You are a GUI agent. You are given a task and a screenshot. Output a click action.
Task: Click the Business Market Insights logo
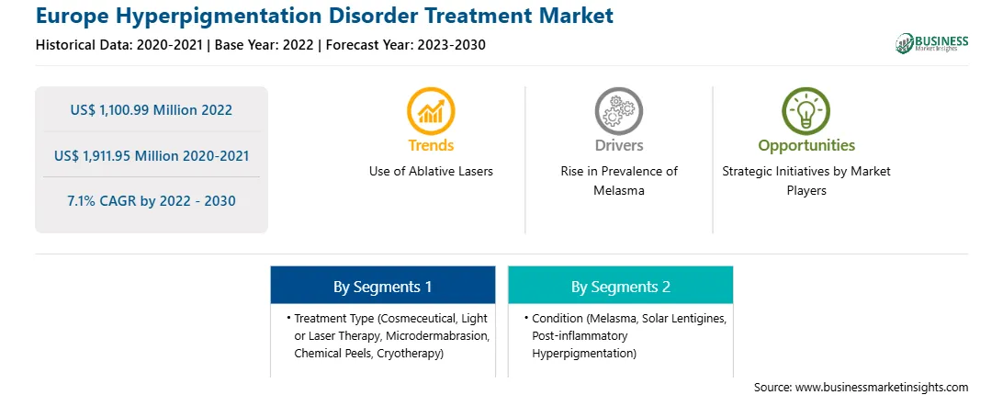(x=931, y=43)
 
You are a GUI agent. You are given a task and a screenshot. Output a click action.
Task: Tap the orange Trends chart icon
(x=431, y=111)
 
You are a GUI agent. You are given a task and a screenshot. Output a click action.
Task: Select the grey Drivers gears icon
(x=618, y=111)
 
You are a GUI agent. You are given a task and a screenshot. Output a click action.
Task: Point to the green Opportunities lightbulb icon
(x=806, y=111)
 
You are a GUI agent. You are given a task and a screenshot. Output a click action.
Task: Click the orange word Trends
(x=431, y=145)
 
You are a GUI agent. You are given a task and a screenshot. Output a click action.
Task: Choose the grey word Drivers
(x=619, y=145)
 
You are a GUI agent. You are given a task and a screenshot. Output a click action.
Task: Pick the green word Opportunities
(x=806, y=146)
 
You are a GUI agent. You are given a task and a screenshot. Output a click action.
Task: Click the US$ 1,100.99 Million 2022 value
(x=152, y=110)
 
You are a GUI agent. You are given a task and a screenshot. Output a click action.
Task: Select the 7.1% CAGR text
(x=104, y=201)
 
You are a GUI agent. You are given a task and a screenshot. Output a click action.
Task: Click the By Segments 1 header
(x=382, y=287)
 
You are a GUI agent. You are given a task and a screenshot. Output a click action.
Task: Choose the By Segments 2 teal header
(x=621, y=287)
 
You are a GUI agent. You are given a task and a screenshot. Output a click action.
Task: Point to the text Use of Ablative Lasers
(x=431, y=172)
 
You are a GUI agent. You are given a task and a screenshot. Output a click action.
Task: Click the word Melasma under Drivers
(x=618, y=191)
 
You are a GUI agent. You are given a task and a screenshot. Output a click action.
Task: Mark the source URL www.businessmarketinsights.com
(x=882, y=388)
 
